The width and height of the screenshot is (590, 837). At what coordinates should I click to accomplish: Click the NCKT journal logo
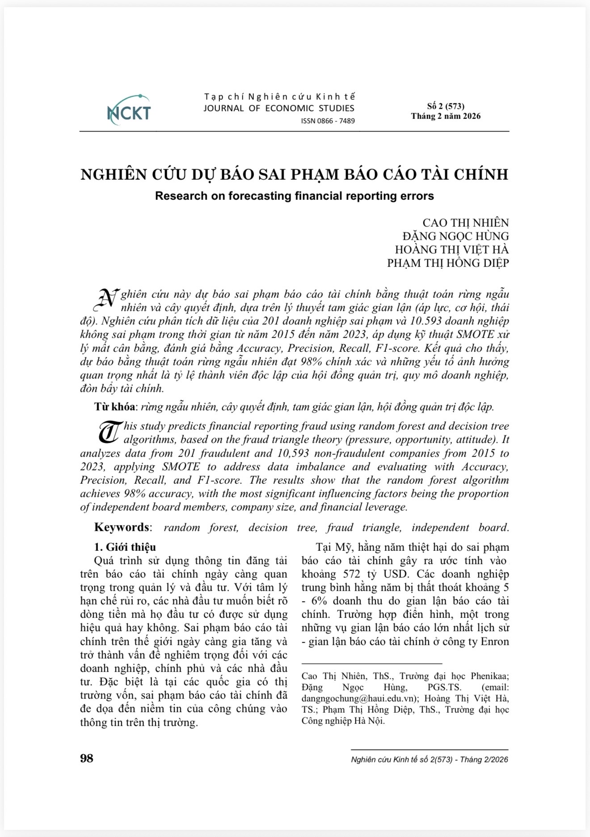pos(129,110)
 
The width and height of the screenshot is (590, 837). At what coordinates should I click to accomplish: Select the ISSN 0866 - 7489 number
pos(328,121)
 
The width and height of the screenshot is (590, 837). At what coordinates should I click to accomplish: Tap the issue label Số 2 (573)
pos(446,106)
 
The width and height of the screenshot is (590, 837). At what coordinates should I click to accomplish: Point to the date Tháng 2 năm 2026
pos(446,116)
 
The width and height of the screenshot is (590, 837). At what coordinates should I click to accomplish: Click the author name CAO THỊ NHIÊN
pos(465,223)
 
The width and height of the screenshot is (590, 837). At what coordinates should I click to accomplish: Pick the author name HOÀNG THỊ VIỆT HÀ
pos(451,249)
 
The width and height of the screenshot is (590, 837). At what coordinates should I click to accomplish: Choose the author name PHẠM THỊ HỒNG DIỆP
pos(448,263)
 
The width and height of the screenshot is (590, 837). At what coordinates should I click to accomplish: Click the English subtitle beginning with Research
pos(295,196)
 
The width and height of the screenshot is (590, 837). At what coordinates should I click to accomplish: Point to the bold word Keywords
pos(122,527)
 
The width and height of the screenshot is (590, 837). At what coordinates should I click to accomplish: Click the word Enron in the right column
pos(494,642)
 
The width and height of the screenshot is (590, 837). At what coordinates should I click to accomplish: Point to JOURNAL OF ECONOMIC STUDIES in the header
pos(279,108)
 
